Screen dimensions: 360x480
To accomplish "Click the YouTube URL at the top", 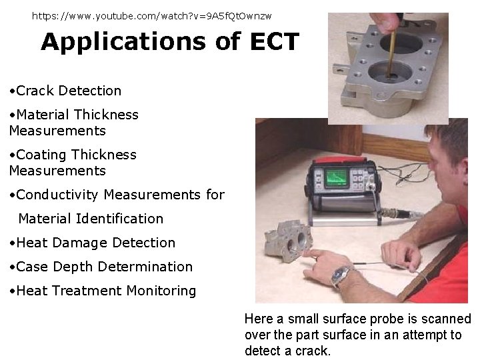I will coord(152,15).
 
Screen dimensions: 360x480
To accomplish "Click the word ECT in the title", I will coord(275,42).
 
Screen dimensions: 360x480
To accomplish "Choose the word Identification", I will coord(120,219).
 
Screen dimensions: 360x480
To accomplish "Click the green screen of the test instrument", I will coord(337,177).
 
